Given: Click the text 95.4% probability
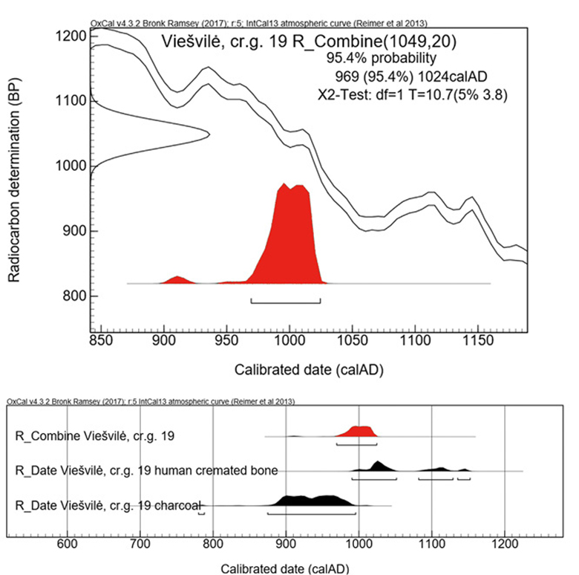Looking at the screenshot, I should coord(381,57).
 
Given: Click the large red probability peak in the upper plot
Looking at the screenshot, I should coord(291,238).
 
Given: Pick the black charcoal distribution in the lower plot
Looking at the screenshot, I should coord(315,500).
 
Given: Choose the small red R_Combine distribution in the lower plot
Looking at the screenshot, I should coord(361,432).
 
